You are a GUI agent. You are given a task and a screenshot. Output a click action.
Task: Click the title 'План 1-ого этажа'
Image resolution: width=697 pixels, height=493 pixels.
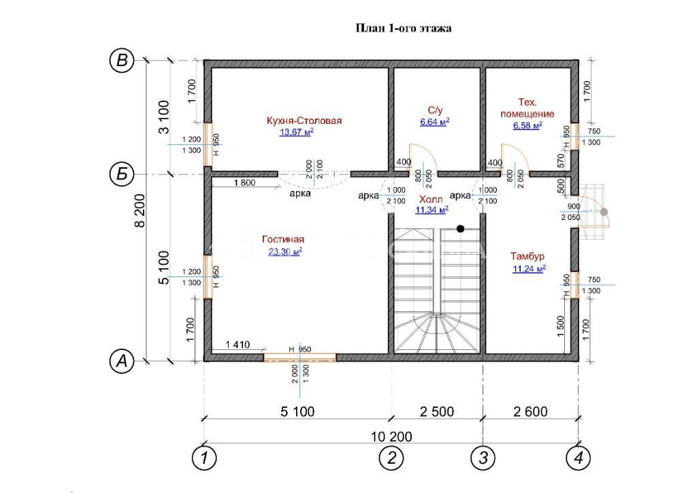click(x=404, y=29)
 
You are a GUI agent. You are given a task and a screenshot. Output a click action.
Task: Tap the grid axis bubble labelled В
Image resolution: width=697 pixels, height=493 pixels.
click(x=121, y=61)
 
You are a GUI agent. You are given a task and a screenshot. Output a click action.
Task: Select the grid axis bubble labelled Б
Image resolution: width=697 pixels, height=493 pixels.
click(x=121, y=175)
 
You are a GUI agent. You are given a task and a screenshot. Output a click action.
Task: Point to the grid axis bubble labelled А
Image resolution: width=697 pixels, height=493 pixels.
click(x=121, y=361)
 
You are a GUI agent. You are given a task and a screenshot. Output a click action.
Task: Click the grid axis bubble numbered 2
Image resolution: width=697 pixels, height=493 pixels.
click(x=391, y=458)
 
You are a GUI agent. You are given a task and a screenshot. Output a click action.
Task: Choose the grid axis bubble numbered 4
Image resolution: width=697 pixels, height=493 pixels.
click(x=579, y=458)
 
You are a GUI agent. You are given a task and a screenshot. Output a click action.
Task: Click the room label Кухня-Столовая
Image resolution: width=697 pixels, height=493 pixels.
click(x=304, y=121)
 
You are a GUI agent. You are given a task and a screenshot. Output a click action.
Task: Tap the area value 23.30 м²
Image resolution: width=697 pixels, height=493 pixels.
click(x=285, y=252)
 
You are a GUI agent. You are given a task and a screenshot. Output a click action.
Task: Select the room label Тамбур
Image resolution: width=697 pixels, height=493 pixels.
click(x=528, y=257)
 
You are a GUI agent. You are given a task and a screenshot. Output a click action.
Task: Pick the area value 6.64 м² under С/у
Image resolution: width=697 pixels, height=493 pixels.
click(x=435, y=122)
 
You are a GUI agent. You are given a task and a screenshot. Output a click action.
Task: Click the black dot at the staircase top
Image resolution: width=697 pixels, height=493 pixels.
click(x=461, y=229)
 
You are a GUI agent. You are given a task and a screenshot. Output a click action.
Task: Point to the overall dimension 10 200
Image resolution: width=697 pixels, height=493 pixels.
click(x=391, y=436)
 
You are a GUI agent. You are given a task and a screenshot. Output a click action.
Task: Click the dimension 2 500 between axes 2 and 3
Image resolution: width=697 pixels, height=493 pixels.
click(x=437, y=412)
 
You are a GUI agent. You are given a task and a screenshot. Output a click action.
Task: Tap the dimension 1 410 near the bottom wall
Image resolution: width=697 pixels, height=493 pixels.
click(x=238, y=345)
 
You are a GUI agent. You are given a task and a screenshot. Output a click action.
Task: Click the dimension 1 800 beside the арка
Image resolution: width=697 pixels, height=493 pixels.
click(x=244, y=182)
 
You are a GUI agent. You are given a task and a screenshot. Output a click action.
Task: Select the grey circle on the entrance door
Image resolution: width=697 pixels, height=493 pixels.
click(x=604, y=212)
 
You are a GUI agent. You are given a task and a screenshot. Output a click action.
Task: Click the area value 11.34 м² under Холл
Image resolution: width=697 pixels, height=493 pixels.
click(x=432, y=210)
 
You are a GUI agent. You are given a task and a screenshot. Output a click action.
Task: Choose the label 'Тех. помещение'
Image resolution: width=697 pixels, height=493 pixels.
click(x=528, y=108)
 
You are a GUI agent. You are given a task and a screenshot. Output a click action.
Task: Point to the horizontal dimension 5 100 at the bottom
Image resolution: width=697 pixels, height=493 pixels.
click(x=297, y=412)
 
